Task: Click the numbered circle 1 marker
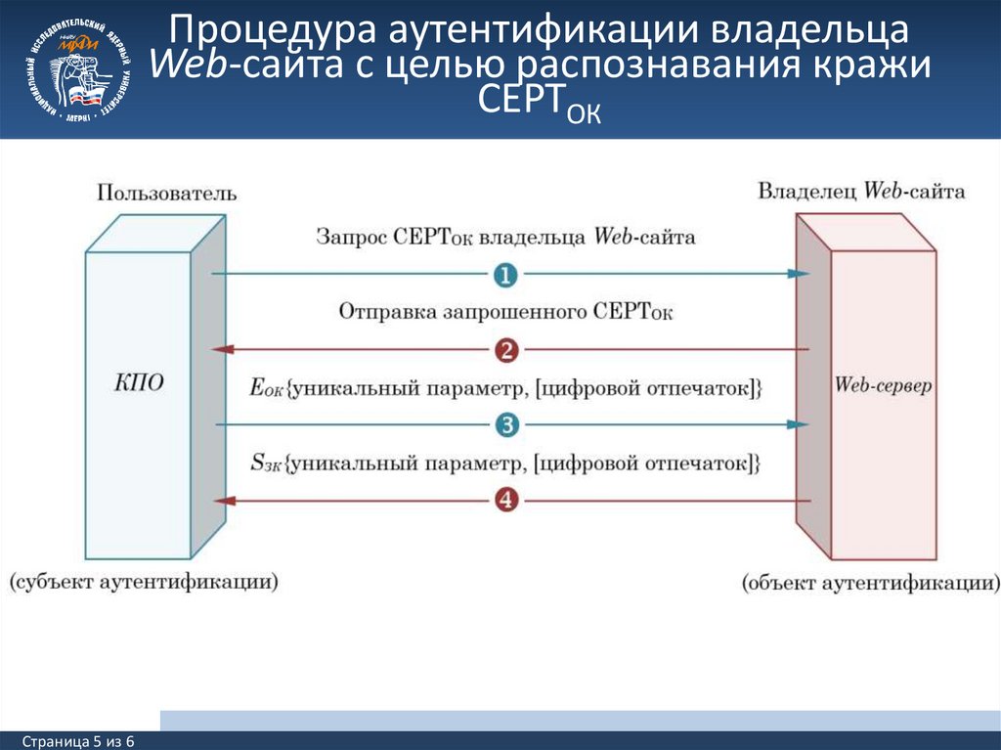click(x=505, y=275)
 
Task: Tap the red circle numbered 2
click(x=505, y=349)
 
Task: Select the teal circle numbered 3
click(x=505, y=424)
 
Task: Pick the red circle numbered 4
click(x=505, y=500)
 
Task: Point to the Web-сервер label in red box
click(x=883, y=385)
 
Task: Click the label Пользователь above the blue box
click(x=166, y=194)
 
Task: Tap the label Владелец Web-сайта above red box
click(x=861, y=192)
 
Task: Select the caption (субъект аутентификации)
click(x=144, y=582)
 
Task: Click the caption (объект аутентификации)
click(x=870, y=584)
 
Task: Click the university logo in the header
click(x=82, y=68)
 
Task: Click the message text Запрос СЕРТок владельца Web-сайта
click(x=505, y=238)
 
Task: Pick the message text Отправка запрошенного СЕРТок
click(x=505, y=312)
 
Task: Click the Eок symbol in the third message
click(x=266, y=388)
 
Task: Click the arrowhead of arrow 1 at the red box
click(x=801, y=275)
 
